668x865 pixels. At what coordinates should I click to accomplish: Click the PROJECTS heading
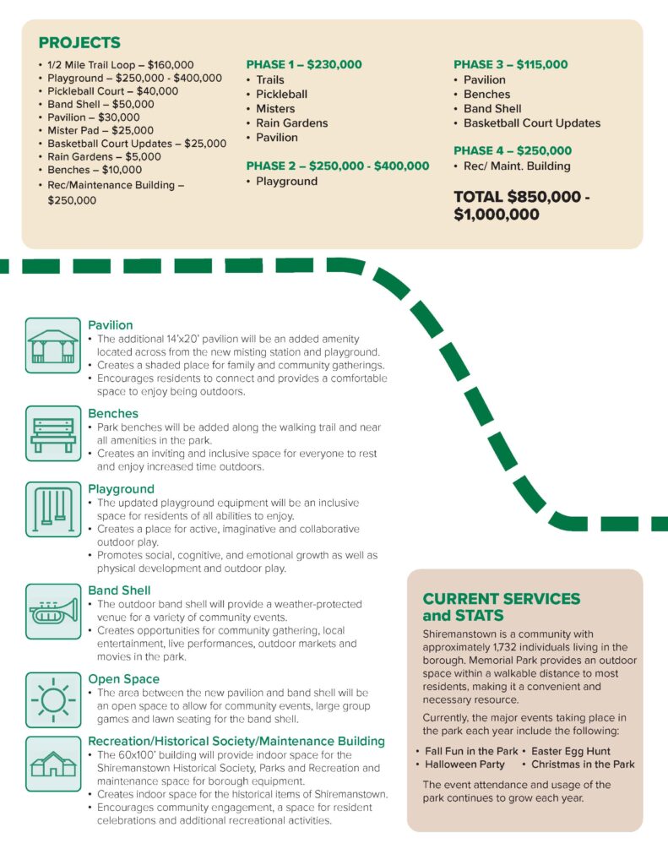pos(79,43)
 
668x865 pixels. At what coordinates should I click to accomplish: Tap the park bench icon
pos(52,433)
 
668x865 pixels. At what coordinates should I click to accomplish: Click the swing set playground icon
pos(52,509)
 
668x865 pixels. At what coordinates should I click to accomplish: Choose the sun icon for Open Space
pos(52,699)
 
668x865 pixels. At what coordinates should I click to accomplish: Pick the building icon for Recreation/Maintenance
pos(52,763)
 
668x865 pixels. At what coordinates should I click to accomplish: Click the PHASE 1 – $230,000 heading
pos(304,65)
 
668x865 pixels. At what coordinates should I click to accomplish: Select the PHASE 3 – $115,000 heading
pos(510,65)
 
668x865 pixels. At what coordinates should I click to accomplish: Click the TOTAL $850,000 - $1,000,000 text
pos(521,205)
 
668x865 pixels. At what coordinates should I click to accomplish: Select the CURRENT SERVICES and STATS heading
pos(501,607)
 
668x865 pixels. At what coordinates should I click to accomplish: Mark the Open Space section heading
pos(123,679)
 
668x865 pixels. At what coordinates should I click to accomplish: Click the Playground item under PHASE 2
pos(287,182)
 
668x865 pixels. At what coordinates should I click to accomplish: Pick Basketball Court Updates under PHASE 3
pos(532,123)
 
